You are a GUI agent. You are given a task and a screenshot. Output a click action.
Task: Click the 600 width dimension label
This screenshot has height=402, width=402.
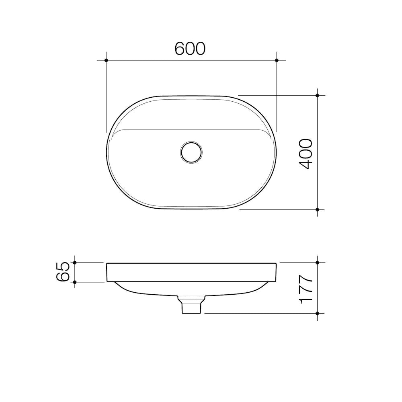pyautogui.click(x=190, y=48)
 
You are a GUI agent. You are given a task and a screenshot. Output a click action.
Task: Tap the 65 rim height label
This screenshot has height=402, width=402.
pyautogui.click(x=64, y=272)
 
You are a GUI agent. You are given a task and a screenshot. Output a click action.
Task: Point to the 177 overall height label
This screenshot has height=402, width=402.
pyautogui.click(x=305, y=289)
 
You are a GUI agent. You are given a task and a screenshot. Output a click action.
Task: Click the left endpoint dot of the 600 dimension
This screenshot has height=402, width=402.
pyautogui.click(x=106, y=60)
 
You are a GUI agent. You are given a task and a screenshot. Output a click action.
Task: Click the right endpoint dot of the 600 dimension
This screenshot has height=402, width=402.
pyautogui.click(x=277, y=60)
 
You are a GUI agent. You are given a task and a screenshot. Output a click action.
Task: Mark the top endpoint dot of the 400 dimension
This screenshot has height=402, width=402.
pyautogui.click(x=317, y=96)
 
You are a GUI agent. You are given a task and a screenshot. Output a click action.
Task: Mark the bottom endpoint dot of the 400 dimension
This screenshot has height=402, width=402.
pyautogui.click(x=317, y=209)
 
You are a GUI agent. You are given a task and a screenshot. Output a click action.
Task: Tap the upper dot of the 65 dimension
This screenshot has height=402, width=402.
pyautogui.click(x=75, y=263)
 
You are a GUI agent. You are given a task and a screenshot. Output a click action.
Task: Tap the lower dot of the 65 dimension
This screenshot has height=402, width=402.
pyautogui.click(x=75, y=282)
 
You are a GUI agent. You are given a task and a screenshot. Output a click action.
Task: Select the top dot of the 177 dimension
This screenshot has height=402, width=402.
pyautogui.click(x=317, y=263)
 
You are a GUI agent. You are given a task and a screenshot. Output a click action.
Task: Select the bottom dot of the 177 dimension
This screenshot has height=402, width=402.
pyautogui.click(x=317, y=313)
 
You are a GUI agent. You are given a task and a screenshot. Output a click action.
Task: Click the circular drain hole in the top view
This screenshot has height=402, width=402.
pyautogui.click(x=191, y=152)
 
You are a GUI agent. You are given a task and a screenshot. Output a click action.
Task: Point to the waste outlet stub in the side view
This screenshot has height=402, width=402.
pyautogui.click(x=191, y=306)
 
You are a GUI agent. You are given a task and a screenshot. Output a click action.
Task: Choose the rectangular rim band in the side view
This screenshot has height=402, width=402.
pyautogui.click(x=191, y=272)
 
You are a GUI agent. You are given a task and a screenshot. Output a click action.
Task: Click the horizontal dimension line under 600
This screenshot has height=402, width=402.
pyautogui.click(x=161, y=60)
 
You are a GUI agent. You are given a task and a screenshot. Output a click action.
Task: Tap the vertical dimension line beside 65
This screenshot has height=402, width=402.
pyautogui.click(x=75, y=272)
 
